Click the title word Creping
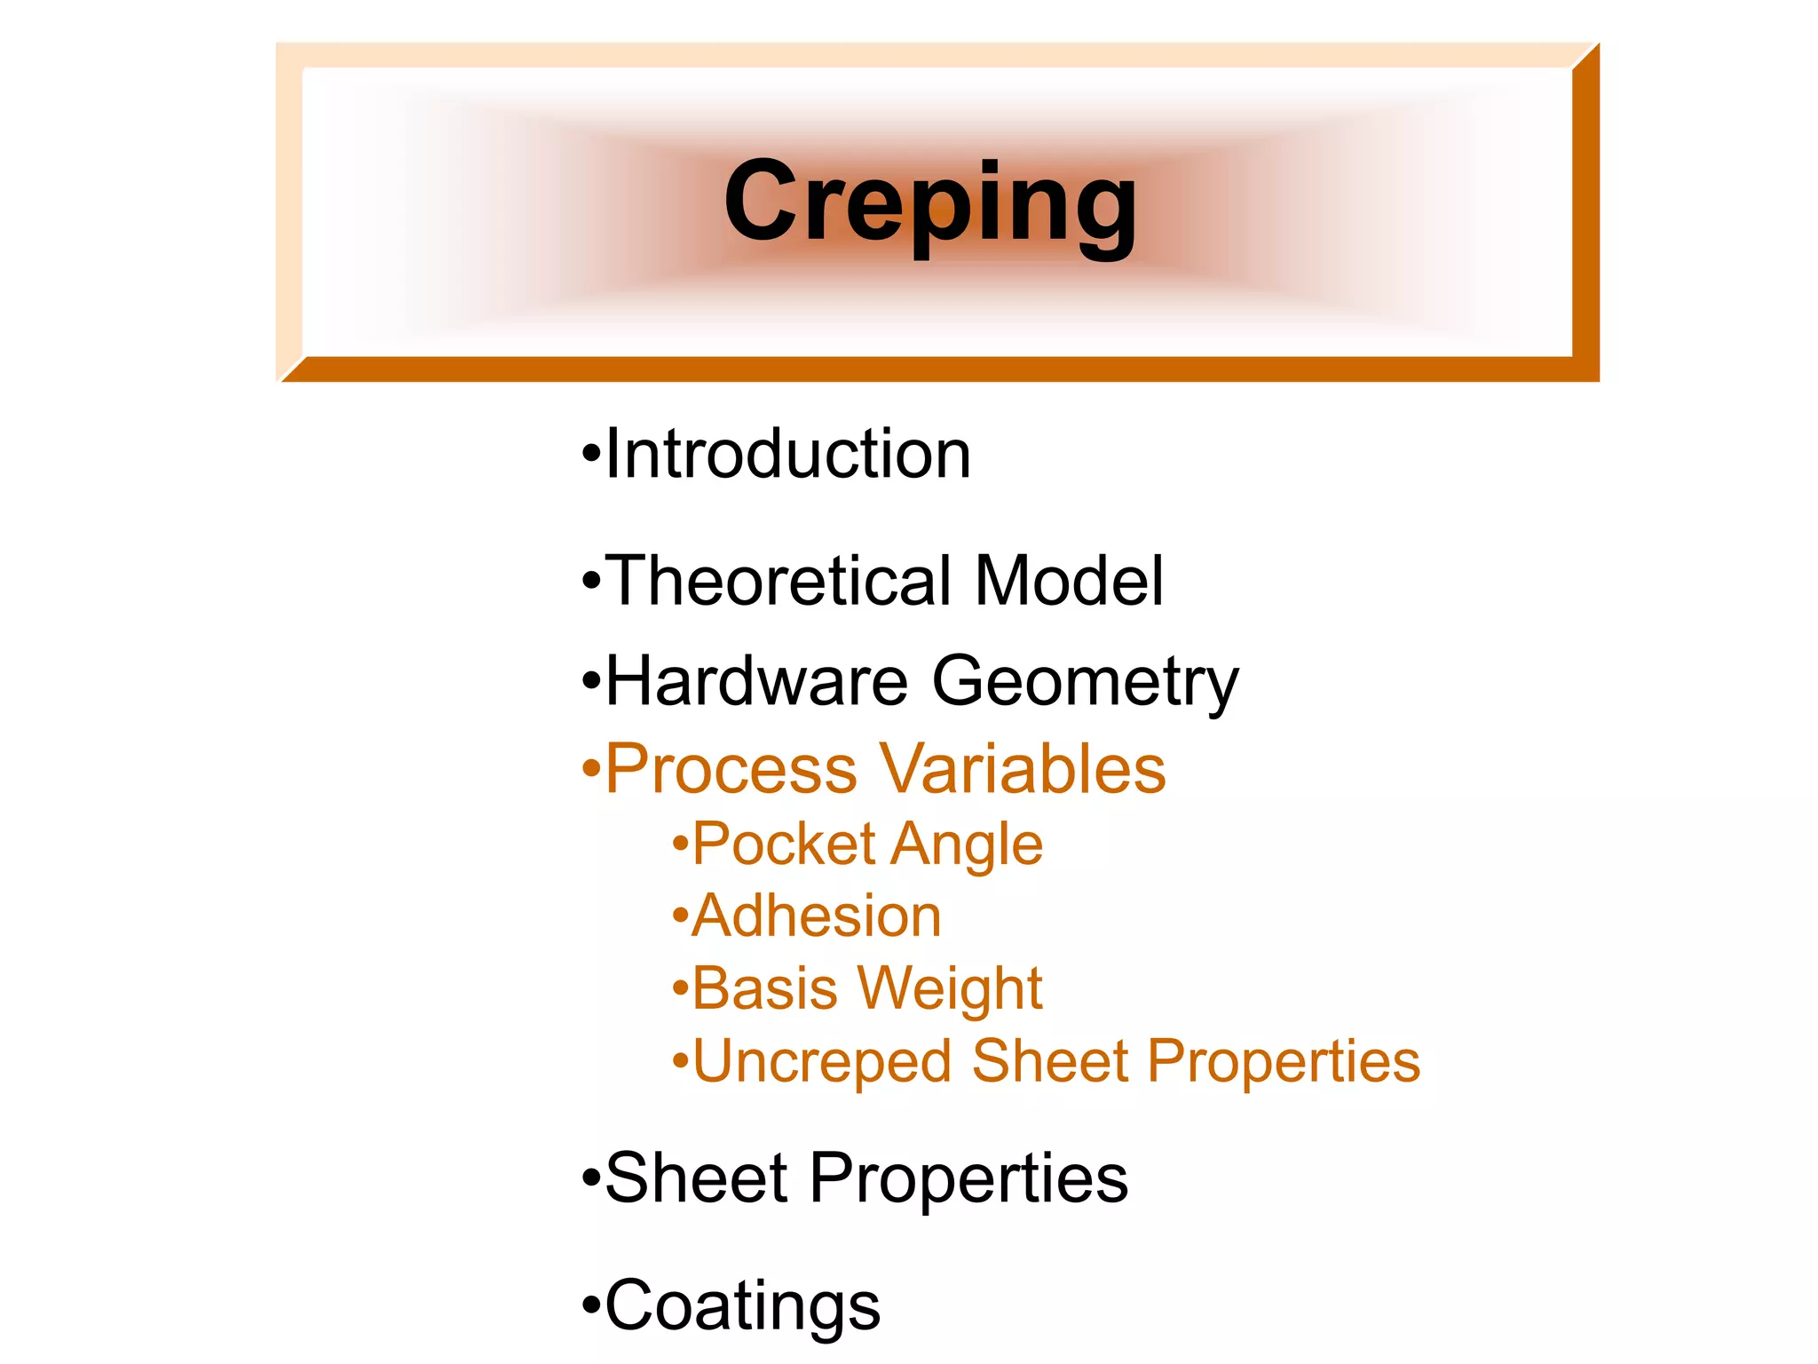[929, 202]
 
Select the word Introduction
[788, 454]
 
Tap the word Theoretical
[781, 581]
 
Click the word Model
[1069, 581]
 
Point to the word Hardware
[757, 681]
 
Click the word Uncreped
[822, 1063]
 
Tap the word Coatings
[743, 1307]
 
